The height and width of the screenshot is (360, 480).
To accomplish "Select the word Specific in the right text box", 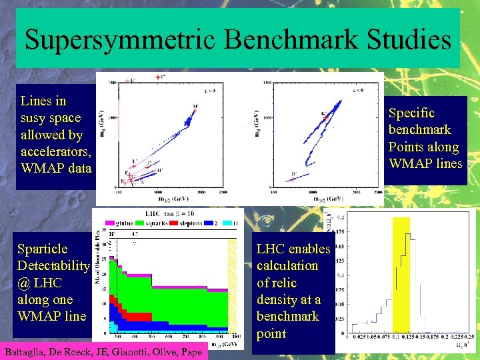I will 411,113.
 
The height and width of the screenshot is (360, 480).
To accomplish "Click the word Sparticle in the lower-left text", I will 43,249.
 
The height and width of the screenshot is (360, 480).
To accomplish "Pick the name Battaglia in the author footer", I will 27,352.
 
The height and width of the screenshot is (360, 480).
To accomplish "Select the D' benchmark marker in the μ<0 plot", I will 294,175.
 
